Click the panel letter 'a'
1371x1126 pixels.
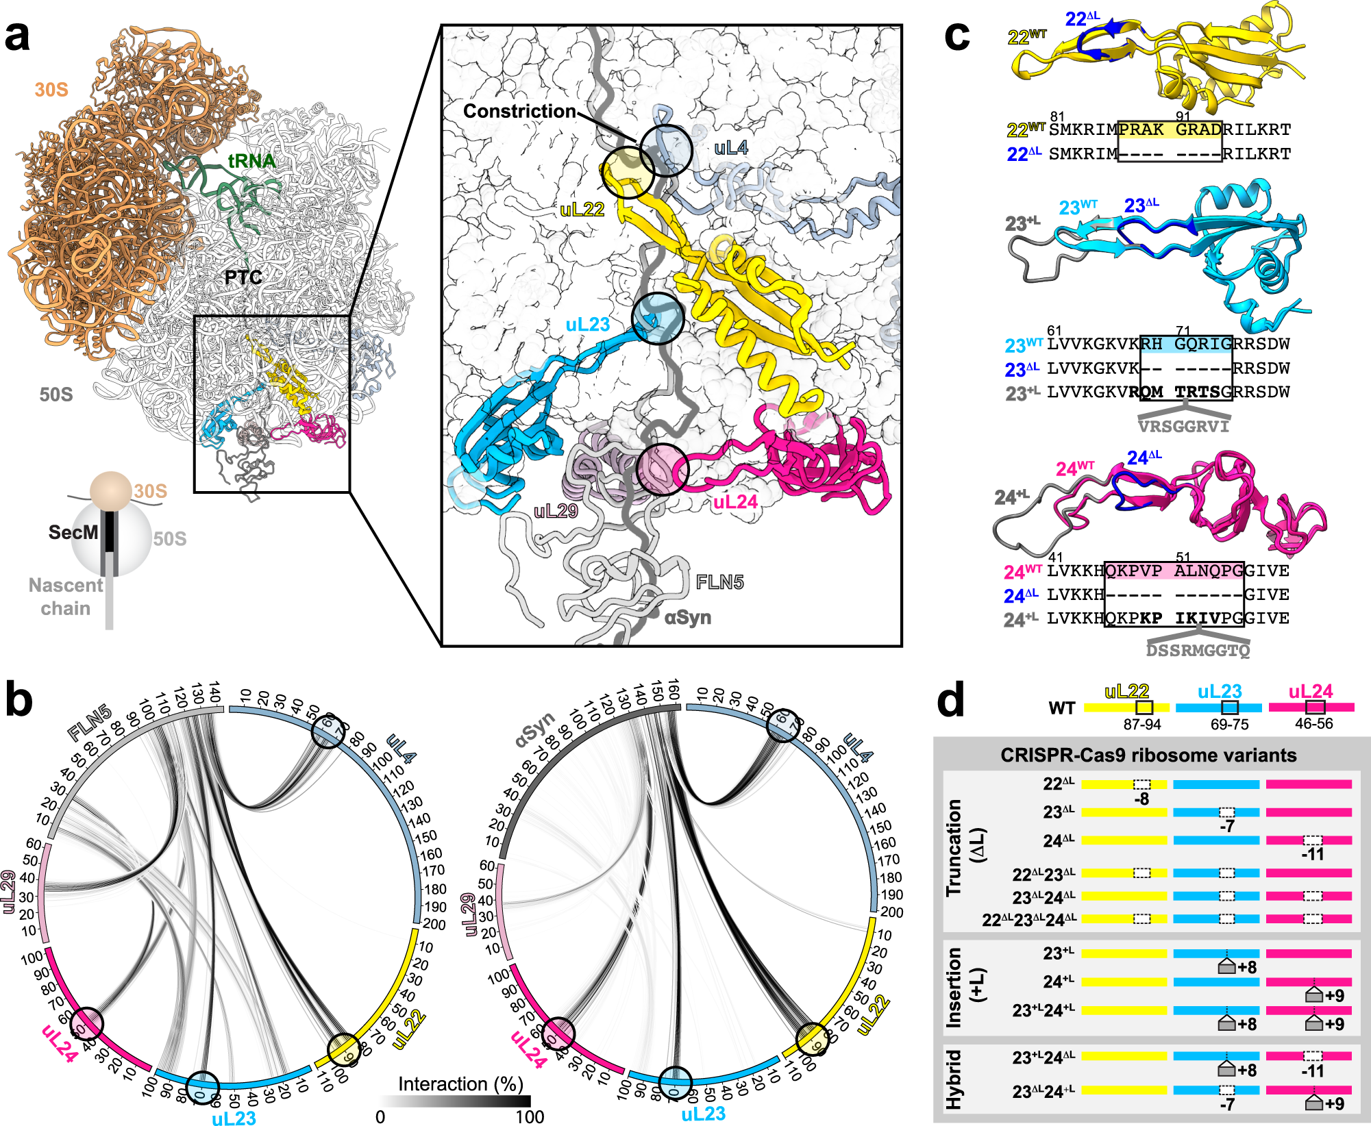pos(18,38)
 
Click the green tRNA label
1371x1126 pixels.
pos(251,161)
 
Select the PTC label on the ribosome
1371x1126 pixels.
pos(243,277)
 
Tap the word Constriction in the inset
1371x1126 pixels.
pos(519,112)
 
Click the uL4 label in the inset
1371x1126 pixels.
pos(731,148)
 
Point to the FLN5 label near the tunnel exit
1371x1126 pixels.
pos(719,582)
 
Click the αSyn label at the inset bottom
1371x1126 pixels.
pos(688,618)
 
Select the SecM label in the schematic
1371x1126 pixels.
pos(73,532)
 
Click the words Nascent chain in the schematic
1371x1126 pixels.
pos(66,597)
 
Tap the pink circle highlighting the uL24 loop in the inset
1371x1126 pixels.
pos(661,469)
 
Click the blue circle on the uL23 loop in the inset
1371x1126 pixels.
pos(657,318)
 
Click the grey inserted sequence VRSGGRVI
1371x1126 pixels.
pos(1183,427)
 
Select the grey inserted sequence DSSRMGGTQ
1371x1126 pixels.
pos(1198,650)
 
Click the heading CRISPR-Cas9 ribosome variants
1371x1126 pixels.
pos(1148,755)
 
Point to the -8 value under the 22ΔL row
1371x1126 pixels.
pos(1141,799)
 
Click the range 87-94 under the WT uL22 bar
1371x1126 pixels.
pos(1142,725)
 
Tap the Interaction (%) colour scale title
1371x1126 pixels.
pos(460,1084)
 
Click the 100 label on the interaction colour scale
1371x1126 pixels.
pos(530,1116)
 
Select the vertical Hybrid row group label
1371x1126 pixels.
pos(954,1079)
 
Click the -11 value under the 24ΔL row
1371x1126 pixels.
pos(1312,854)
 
